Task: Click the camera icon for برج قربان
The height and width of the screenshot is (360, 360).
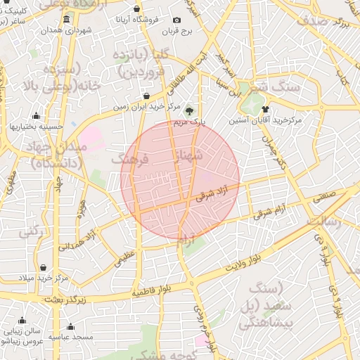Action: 176,20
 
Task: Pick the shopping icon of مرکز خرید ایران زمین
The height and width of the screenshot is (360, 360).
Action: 146,96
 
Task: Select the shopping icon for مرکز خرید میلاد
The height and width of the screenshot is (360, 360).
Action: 44,267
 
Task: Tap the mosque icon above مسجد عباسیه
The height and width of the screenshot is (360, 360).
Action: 70,326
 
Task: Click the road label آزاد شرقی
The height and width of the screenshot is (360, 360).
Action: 214,193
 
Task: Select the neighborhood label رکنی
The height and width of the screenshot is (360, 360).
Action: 30,231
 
